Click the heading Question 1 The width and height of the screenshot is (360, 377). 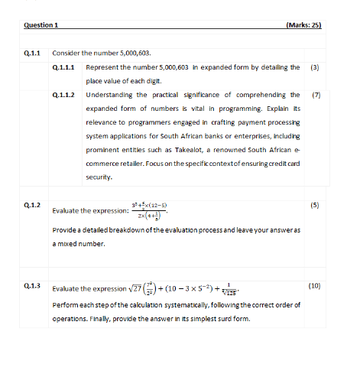coord(41,25)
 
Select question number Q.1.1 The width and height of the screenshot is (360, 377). coord(32,54)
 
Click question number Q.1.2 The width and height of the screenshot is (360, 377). coord(32,205)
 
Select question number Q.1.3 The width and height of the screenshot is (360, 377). coord(32,285)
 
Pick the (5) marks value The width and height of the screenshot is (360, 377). coord(315,205)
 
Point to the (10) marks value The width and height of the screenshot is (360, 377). coord(314,285)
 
